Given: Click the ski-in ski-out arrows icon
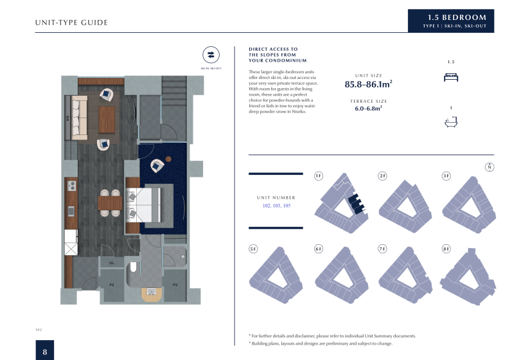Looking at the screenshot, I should (211, 55).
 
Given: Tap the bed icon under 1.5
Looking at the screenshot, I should (451, 76).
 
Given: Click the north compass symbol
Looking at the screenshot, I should (490, 167).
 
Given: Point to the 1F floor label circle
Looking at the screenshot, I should (319, 176).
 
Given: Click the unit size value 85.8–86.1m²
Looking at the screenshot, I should (368, 84).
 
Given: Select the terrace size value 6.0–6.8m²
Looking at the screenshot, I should (368, 109).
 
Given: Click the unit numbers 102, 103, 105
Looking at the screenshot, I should (276, 206).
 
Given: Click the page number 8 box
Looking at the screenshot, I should (44, 351).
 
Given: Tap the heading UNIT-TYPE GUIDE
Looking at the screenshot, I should (71, 23).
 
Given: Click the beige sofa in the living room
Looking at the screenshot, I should (79, 118).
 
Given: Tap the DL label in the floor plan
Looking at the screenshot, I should (112, 263).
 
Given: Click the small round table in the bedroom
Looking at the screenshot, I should (168, 159).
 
